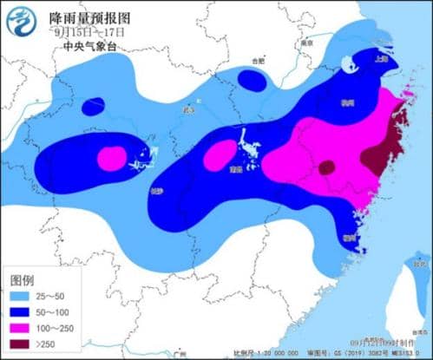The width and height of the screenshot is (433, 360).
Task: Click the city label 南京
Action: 305,41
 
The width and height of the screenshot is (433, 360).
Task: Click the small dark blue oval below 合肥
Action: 253,81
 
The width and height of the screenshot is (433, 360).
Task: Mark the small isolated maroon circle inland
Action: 327,167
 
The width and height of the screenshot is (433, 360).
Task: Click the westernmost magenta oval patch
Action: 111,158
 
